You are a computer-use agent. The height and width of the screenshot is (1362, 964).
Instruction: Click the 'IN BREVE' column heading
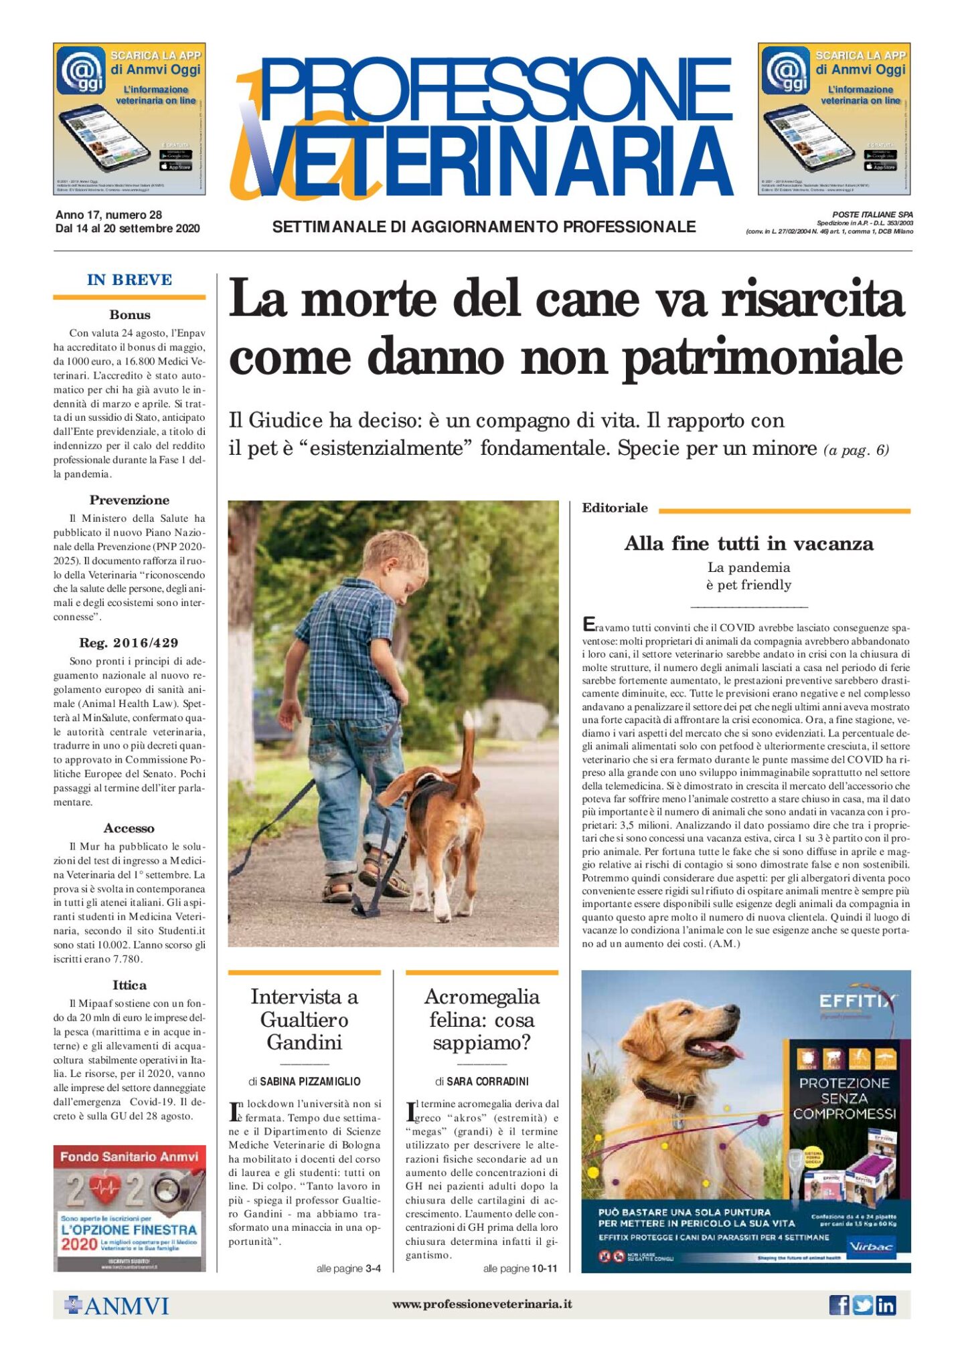tap(129, 280)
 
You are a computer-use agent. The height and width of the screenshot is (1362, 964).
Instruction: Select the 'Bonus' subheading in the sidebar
tap(130, 314)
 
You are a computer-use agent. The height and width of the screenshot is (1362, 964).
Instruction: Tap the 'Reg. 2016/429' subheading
tap(129, 643)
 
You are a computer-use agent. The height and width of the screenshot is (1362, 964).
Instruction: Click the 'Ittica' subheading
tap(129, 985)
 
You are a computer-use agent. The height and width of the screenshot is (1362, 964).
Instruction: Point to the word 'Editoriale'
tap(615, 508)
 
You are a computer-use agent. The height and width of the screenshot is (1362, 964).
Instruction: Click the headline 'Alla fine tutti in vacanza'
tap(748, 543)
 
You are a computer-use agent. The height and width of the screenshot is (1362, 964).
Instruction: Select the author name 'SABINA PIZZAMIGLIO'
tap(310, 1081)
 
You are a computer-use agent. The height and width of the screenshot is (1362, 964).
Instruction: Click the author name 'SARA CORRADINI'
tap(487, 1081)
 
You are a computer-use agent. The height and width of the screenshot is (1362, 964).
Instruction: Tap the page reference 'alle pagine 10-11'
tap(519, 1268)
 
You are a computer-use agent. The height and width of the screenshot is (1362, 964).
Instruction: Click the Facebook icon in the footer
tap(839, 1305)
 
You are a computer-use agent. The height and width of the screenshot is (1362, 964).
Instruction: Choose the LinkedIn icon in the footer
tap(886, 1305)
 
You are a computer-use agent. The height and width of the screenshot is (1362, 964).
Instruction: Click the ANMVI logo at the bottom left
tap(116, 1305)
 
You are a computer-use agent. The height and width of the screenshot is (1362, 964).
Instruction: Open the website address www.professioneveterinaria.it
tap(481, 1304)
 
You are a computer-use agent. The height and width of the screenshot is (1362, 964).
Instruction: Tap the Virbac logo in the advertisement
tap(870, 1246)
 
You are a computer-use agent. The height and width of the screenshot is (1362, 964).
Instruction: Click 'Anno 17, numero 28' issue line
tap(108, 215)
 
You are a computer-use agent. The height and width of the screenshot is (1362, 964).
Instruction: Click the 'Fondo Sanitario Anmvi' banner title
tap(129, 1157)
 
